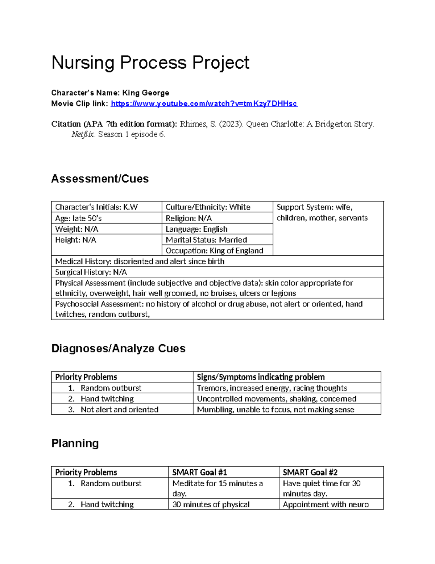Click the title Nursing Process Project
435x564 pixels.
click(150, 62)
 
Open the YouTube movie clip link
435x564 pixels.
click(204, 104)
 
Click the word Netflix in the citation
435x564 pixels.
click(83, 134)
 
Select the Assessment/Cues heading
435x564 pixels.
click(100, 179)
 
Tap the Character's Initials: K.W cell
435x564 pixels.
click(96, 207)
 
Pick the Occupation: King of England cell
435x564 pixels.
click(214, 251)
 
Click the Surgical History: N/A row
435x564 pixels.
click(91, 272)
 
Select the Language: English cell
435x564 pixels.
click(196, 229)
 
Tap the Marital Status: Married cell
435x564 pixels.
click(206, 240)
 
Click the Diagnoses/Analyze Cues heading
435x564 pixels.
click(118, 348)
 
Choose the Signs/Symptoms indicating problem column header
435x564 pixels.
click(260, 377)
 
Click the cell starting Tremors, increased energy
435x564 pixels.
click(272, 388)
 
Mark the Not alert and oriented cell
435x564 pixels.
click(119, 409)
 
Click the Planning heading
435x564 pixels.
click(75, 443)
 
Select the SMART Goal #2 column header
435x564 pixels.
click(310, 472)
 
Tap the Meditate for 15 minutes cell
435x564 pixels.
click(217, 488)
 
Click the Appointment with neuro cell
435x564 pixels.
click(326, 504)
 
